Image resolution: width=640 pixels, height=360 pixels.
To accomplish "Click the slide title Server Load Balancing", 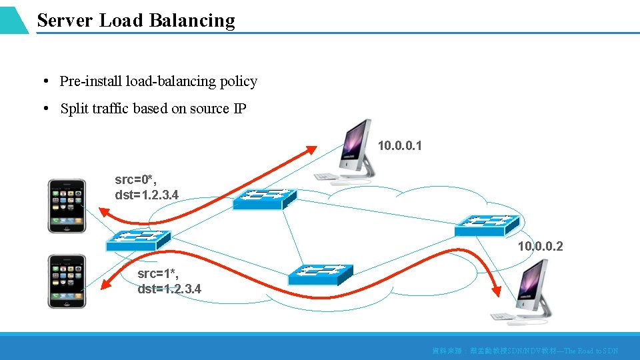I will point(136,21).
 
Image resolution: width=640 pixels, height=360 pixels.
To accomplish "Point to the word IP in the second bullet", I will point(239,109).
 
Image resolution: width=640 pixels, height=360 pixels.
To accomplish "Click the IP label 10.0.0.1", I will point(399,145).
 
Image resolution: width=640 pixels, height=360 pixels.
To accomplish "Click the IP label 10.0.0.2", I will point(540,247).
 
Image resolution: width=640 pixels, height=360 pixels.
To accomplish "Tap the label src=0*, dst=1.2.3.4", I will point(147,187).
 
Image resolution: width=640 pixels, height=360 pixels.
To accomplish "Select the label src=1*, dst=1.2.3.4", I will point(169,281).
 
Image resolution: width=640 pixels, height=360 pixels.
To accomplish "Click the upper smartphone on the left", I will point(67,205).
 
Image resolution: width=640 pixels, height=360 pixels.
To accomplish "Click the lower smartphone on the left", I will point(67,281).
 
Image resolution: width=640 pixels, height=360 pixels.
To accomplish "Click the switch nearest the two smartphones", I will point(139,240).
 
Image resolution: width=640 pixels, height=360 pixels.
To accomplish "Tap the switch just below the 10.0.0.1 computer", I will point(265,198).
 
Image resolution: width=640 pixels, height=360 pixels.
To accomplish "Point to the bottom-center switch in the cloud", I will point(320,274).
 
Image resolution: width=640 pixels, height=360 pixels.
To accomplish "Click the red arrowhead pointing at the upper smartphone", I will point(103,212).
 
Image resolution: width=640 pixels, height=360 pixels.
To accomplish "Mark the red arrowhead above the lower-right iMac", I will point(496,289).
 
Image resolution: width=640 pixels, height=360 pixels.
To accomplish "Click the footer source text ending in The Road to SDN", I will point(525,351).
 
